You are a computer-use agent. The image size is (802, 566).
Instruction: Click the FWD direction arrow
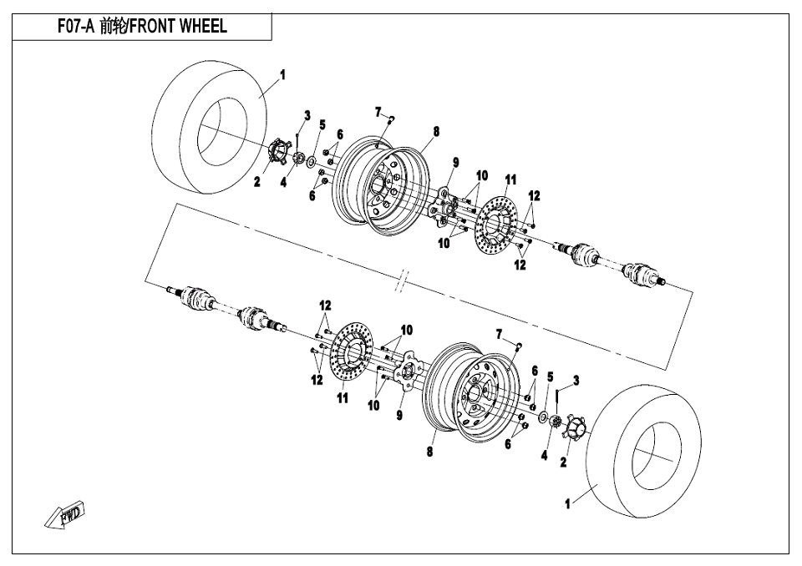[64, 515]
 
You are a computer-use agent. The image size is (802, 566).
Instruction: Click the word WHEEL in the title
[202, 26]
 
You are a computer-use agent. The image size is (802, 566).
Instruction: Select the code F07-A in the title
[76, 26]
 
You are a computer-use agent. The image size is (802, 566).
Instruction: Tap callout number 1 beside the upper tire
[282, 75]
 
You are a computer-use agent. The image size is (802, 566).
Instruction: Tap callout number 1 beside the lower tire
[567, 503]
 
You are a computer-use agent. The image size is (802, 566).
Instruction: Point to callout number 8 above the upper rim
[436, 131]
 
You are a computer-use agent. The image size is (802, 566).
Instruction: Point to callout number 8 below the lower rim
[429, 452]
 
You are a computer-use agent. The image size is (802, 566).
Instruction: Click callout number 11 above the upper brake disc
[510, 179]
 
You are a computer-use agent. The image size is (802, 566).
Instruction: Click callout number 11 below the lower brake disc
[343, 397]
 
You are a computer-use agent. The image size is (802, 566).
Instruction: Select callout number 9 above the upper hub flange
[455, 163]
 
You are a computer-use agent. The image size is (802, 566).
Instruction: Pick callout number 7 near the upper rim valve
[378, 112]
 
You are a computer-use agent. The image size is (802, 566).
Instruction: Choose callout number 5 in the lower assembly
[551, 377]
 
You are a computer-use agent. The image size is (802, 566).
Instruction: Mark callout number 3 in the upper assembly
[307, 115]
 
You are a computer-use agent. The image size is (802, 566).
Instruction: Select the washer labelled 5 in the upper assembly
[311, 163]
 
